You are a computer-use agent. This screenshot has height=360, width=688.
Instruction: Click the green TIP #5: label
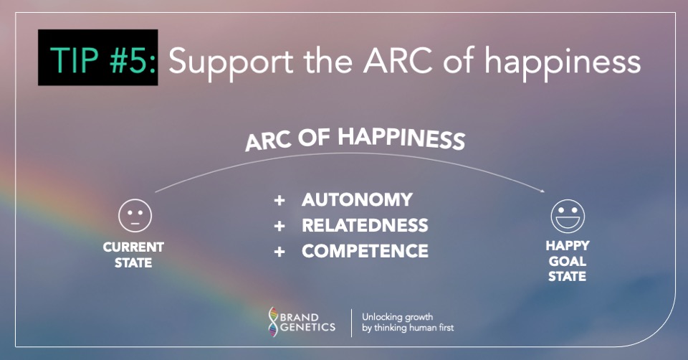(x=97, y=58)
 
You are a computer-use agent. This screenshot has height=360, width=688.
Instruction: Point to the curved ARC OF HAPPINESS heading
(x=355, y=138)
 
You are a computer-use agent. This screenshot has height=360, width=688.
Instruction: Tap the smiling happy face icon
(x=568, y=215)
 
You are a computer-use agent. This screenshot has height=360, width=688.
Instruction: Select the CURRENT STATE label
(x=133, y=255)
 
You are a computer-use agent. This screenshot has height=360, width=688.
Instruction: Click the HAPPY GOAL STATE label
(x=568, y=261)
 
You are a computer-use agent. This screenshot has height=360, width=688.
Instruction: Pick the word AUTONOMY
(x=357, y=199)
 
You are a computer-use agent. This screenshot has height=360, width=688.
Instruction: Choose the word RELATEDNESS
(x=365, y=225)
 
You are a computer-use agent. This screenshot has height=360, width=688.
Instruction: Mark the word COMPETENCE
(x=365, y=251)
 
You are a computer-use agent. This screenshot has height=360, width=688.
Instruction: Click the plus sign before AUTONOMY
(x=279, y=200)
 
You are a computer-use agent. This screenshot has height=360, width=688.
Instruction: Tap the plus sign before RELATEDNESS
(x=279, y=226)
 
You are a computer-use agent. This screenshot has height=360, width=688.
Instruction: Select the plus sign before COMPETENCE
(x=279, y=252)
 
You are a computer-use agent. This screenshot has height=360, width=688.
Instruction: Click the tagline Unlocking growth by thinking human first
(x=407, y=321)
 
